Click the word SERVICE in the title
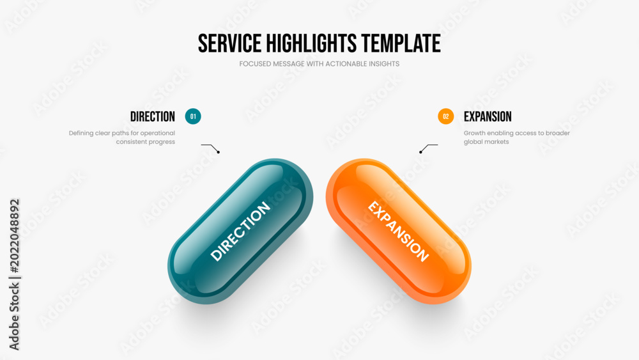click(x=229, y=43)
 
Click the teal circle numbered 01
click(x=193, y=116)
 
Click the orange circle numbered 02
click(x=446, y=116)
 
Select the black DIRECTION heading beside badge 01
click(x=153, y=116)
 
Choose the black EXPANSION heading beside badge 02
click(x=488, y=116)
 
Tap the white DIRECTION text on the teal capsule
click(x=240, y=231)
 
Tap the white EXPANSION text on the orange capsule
click(x=398, y=231)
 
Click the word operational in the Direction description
click(x=158, y=133)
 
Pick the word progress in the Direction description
click(x=162, y=143)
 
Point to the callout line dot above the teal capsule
click(x=219, y=152)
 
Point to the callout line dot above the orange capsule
click(x=420, y=152)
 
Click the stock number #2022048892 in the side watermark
click(x=14, y=236)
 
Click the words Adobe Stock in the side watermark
click(x=14, y=317)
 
